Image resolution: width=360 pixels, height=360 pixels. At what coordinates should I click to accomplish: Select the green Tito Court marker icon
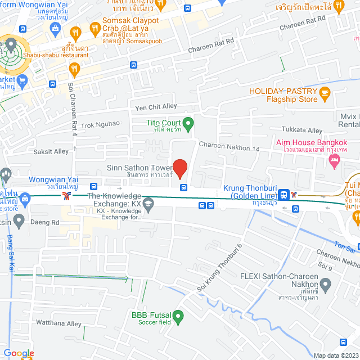coord(188,122)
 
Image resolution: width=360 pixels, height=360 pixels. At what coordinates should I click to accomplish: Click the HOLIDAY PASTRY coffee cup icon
coord(324,92)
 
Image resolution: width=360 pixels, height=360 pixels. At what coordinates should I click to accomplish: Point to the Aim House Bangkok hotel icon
coord(334,161)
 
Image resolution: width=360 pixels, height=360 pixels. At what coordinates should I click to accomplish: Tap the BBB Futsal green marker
coord(178,318)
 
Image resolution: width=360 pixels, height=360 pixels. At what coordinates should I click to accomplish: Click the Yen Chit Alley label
coord(156,107)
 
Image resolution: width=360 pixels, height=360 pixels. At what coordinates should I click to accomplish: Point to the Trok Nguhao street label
coord(100,125)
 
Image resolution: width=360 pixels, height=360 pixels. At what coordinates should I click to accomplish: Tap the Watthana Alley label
coord(59,324)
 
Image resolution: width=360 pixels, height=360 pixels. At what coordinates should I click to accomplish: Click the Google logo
coord(19,353)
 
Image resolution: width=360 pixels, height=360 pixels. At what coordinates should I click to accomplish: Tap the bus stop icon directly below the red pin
coord(183,187)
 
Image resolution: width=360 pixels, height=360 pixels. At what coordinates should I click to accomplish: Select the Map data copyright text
coord(336,355)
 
